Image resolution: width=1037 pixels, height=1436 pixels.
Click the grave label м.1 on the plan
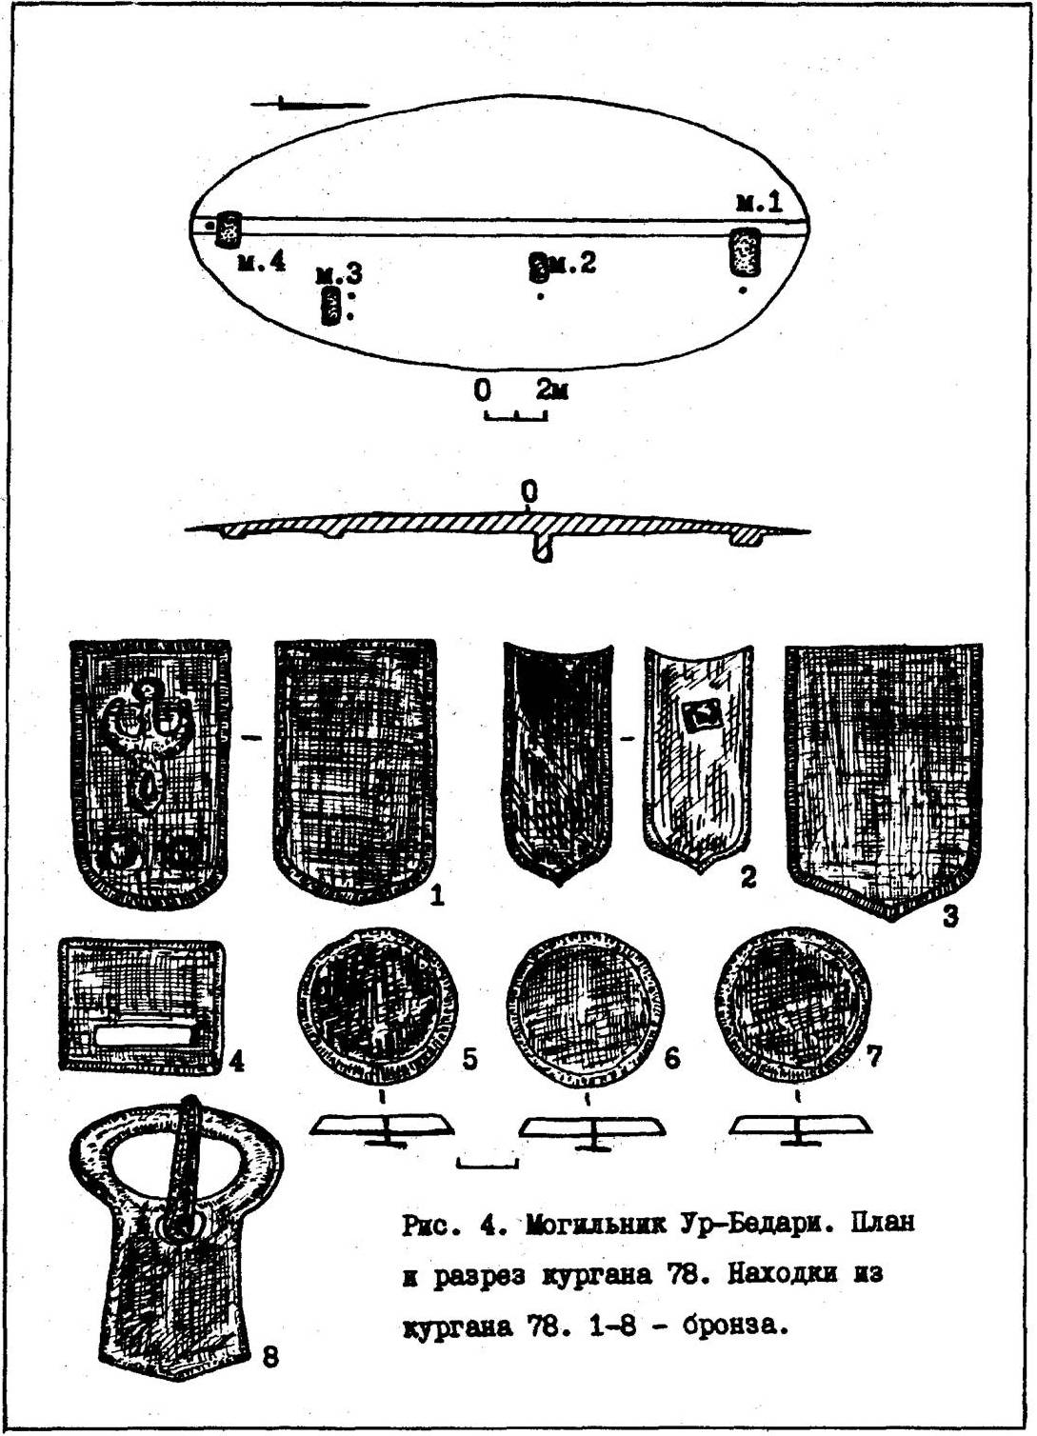pos(759,204)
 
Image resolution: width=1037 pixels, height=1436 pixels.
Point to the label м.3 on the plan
pos(339,275)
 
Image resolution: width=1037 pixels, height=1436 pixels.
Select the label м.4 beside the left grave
pos(262,262)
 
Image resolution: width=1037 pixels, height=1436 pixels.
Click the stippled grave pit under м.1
pos(745,252)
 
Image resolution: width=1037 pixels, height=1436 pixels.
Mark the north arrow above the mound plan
pos(309,104)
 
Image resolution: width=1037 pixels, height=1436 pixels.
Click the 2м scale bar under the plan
pos(516,415)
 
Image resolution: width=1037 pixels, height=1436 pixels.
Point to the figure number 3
pos(950,916)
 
